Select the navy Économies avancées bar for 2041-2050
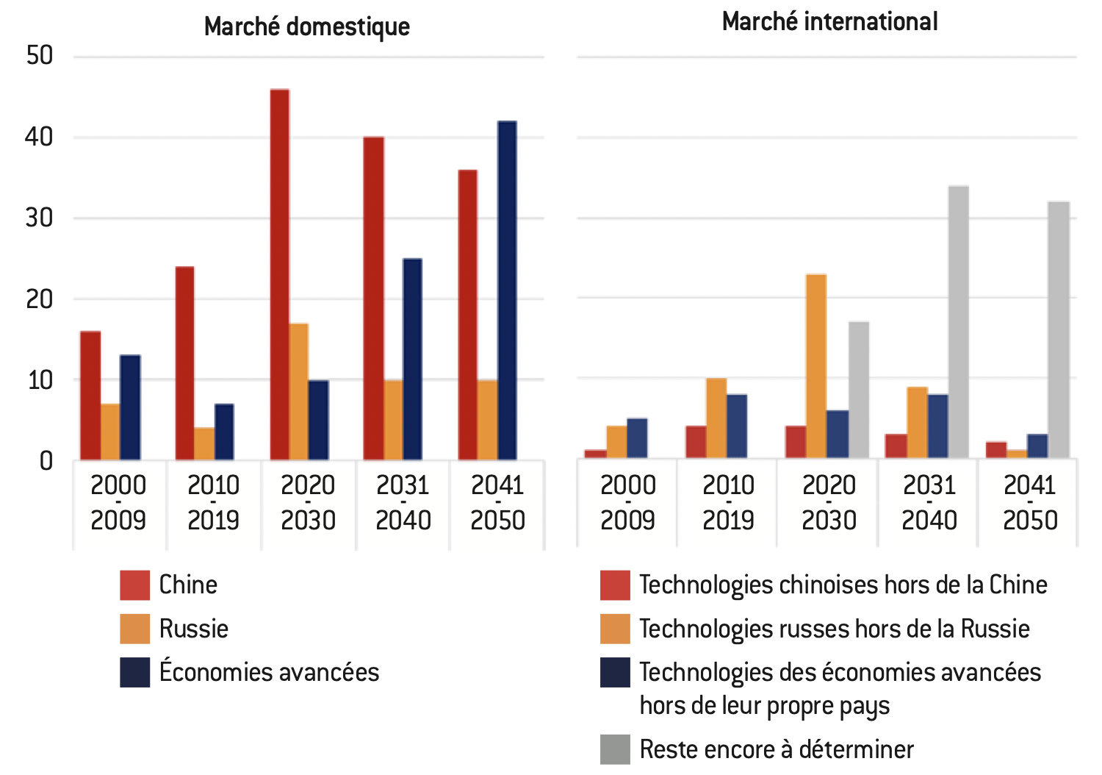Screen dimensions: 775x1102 click(x=507, y=290)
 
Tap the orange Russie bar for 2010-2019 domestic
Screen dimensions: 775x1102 click(x=204, y=444)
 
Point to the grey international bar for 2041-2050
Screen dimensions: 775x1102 click(x=1059, y=330)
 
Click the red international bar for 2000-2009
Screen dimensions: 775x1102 click(x=596, y=454)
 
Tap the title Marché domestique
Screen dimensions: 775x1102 click(x=307, y=26)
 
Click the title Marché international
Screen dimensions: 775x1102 click(x=829, y=22)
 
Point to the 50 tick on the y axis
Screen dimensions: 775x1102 click(x=40, y=56)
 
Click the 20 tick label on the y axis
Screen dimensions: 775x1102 click(x=40, y=299)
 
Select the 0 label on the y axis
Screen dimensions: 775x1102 click(x=46, y=461)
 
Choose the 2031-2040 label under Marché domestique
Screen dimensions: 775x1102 click(x=403, y=503)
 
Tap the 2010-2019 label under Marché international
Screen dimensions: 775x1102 click(x=728, y=503)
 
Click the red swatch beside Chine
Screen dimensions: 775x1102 click(x=135, y=585)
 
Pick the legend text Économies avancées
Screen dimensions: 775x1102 click(x=269, y=672)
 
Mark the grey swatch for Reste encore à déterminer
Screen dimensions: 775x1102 click(x=615, y=749)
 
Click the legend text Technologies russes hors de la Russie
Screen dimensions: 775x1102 click(x=834, y=629)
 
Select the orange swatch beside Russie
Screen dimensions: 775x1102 click(x=135, y=629)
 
